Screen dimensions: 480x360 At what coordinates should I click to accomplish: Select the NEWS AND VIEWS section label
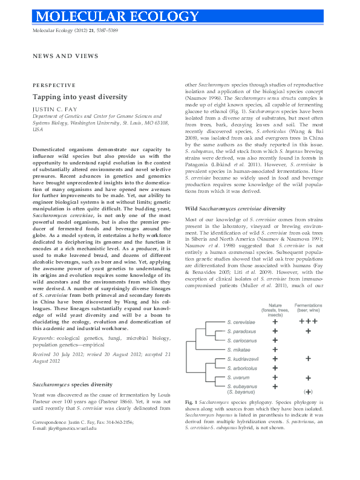point(65,56)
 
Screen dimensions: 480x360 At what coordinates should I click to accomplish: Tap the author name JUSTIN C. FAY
point(56,111)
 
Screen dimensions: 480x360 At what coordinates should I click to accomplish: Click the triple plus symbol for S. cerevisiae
point(309,322)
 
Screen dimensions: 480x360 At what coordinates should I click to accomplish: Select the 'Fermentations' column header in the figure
point(308,306)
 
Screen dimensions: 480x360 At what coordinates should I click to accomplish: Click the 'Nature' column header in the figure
point(275,306)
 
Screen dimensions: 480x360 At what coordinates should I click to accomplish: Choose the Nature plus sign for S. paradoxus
point(275,331)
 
